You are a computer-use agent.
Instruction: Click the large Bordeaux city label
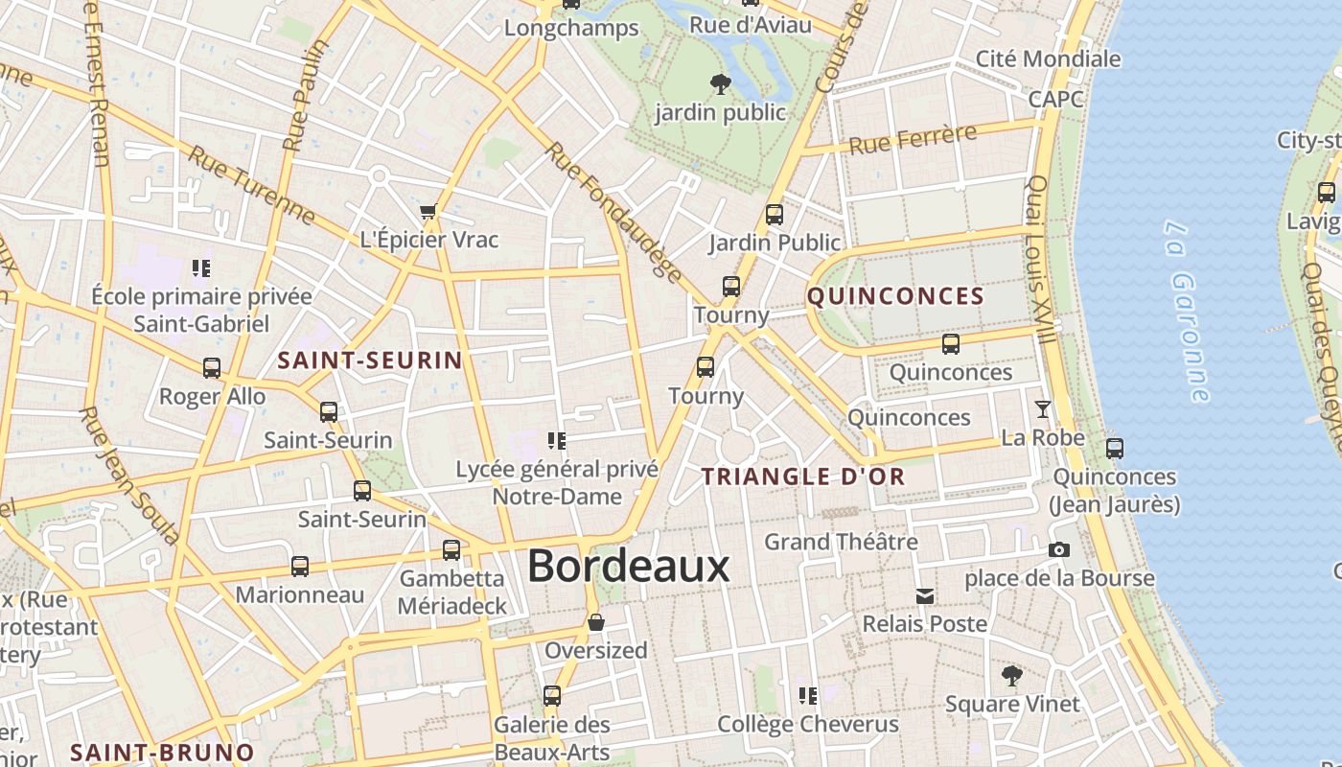pos(629,566)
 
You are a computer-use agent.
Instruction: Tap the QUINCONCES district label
pos(895,296)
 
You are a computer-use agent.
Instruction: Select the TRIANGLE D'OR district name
pos(803,476)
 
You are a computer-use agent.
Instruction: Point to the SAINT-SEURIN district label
pos(370,361)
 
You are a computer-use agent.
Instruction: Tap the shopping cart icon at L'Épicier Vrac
pos(428,211)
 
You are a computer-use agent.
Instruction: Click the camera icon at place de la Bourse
pos(1058,549)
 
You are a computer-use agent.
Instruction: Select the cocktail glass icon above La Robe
pos(1042,409)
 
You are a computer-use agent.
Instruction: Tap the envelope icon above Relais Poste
pos(925,596)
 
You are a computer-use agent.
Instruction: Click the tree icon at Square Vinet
pos(1011,676)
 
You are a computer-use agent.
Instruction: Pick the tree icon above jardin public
pos(720,84)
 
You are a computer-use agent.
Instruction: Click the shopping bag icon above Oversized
pos(595,622)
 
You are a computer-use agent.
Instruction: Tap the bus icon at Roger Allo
pos(212,368)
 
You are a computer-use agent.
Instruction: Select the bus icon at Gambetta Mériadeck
pos(451,550)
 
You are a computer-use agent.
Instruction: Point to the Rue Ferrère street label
pos(913,140)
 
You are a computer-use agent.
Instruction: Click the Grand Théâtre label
pos(841,543)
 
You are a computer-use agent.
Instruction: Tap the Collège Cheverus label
pos(808,724)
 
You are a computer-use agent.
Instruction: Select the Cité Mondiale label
pos(1048,59)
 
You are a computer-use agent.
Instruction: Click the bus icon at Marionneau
pos(300,567)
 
